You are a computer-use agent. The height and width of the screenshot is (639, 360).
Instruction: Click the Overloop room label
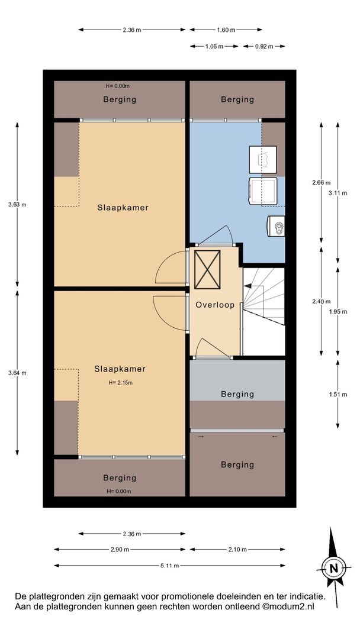(215, 305)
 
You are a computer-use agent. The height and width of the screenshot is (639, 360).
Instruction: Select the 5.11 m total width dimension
(169, 566)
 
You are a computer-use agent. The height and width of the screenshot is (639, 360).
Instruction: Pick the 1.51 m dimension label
(338, 395)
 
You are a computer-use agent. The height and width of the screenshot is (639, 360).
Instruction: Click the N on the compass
(334, 568)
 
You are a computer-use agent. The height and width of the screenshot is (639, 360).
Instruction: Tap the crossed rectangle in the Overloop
(207, 270)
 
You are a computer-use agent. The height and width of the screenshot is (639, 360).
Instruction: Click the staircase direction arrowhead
(247, 287)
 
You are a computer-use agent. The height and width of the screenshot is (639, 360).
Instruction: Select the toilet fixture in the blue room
(276, 226)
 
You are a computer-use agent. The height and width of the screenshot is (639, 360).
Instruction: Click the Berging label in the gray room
(237, 394)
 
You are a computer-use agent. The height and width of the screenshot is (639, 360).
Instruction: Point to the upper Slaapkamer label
(123, 208)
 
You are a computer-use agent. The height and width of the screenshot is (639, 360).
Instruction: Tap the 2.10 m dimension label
(237, 549)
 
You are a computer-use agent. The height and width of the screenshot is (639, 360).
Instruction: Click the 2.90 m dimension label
(120, 549)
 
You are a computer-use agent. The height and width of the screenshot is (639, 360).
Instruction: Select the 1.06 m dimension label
(214, 47)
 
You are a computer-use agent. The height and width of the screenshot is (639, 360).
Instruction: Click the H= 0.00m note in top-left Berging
(117, 86)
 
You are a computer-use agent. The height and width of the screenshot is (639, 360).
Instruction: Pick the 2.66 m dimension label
(322, 183)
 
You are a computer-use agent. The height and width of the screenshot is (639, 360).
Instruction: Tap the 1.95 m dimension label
(338, 312)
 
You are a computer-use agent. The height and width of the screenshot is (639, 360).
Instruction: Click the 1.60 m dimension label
(226, 30)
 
